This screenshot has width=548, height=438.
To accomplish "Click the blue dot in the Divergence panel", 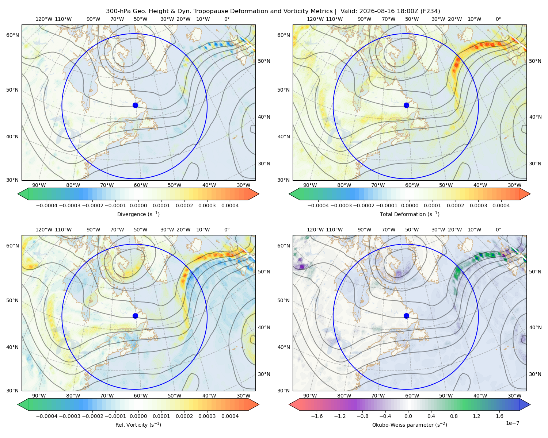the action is [x=135, y=105].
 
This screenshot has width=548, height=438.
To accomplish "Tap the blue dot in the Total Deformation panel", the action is [x=406, y=105].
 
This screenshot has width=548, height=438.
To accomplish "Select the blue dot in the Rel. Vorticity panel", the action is [x=135, y=316].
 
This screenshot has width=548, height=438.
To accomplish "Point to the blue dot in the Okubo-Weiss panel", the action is [x=406, y=316].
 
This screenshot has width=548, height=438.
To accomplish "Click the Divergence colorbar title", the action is [x=138, y=214].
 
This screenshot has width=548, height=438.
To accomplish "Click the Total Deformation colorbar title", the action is [x=410, y=214].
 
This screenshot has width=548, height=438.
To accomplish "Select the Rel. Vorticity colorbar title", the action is [x=138, y=424].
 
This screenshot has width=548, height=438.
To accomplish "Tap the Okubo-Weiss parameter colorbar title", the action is [x=410, y=424].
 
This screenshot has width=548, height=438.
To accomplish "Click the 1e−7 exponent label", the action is [x=512, y=423].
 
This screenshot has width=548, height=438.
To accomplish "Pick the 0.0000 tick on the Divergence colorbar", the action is [x=138, y=205].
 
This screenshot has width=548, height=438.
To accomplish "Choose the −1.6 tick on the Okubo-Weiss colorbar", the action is [x=317, y=416].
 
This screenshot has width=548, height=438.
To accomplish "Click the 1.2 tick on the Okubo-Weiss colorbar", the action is [x=476, y=416].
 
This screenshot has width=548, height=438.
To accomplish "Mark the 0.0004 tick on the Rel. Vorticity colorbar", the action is [x=230, y=416].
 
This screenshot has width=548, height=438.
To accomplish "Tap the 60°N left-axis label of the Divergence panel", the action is [x=12, y=35].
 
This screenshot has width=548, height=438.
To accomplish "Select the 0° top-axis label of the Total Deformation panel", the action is [x=498, y=19].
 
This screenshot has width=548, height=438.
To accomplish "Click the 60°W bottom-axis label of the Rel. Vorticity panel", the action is [x=141, y=396].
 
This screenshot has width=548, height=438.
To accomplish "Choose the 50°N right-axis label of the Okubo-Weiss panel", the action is [x=535, y=272].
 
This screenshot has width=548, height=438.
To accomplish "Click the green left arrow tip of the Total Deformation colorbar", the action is [x=289, y=194].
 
